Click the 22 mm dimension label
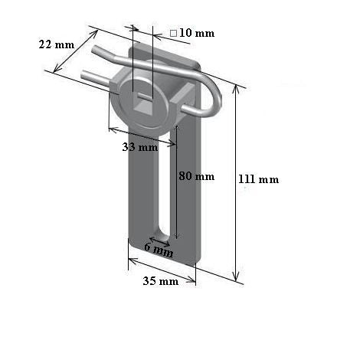[x=56, y=44]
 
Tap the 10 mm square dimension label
[x=191, y=33]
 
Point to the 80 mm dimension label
[x=196, y=175]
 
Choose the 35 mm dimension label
[x=160, y=281]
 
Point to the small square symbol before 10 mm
[x=174, y=33]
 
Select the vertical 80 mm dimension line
[x=177, y=184]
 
